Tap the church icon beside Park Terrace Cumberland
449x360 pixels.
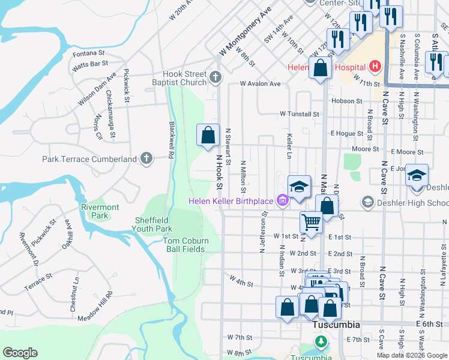tap(146, 159)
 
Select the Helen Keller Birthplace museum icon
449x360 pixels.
tap(281, 200)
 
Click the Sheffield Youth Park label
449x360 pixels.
tap(152, 224)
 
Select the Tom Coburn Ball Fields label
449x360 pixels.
tap(186, 245)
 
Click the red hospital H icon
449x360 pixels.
tap(375, 66)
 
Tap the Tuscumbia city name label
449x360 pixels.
tap(336, 325)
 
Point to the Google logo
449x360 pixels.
tap(20, 353)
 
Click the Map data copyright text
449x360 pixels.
tap(412, 355)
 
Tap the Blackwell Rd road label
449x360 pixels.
tap(171, 141)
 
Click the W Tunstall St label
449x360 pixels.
tap(299, 113)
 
